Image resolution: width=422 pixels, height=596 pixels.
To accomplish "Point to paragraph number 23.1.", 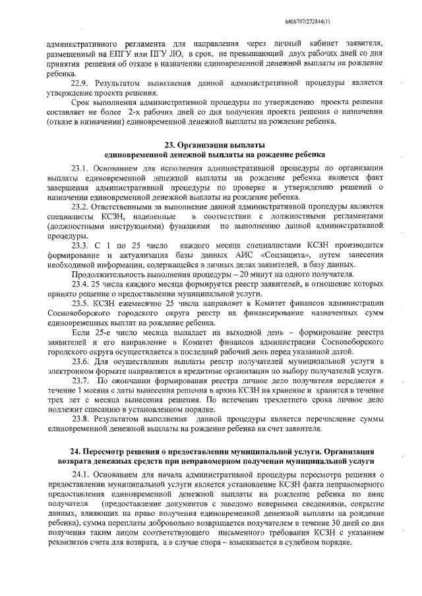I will click(80, 169).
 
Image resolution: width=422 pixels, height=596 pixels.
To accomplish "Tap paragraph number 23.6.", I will click(80, 361).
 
